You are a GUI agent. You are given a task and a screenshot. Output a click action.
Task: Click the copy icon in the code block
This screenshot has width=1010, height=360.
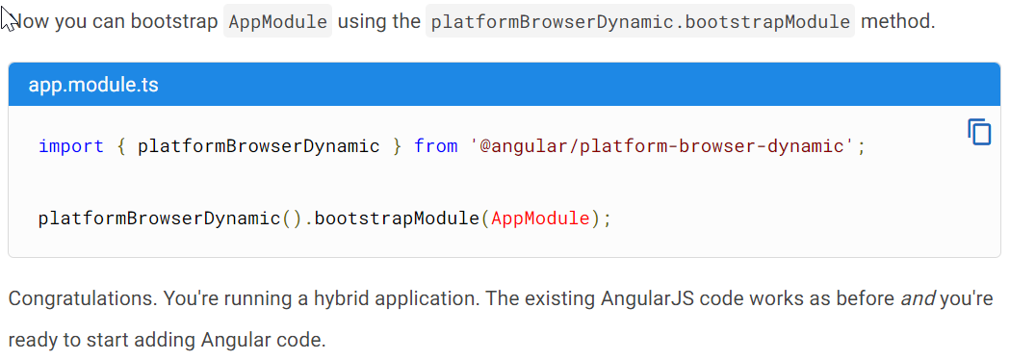[979, 132]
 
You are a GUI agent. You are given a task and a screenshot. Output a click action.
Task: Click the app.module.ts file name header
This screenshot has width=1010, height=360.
[93, 85]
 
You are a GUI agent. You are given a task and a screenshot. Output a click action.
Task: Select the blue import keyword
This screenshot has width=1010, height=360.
[71, 146]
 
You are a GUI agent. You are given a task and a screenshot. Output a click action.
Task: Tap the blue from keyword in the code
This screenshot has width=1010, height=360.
[435, 146]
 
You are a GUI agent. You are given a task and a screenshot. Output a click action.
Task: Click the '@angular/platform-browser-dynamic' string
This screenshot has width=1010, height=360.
[662, 146]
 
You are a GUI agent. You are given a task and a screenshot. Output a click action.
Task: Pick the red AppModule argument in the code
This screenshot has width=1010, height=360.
[540, 218]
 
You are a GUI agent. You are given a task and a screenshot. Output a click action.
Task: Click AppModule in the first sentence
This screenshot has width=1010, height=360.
[277, 21]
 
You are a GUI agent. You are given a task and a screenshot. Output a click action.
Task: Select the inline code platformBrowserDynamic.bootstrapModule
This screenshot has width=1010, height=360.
[640, 21]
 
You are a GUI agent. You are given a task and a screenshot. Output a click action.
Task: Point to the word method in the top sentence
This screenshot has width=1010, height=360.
[897, 21]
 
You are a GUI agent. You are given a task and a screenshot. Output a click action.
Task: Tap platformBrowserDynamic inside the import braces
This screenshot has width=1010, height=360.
[259, 146]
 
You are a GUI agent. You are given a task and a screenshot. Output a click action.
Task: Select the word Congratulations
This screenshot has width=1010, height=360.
[81, 298]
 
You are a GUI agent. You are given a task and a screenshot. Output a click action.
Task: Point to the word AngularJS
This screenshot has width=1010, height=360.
[650, 298]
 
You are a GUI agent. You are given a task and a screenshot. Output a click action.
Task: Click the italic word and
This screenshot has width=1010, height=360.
[917, 298]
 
